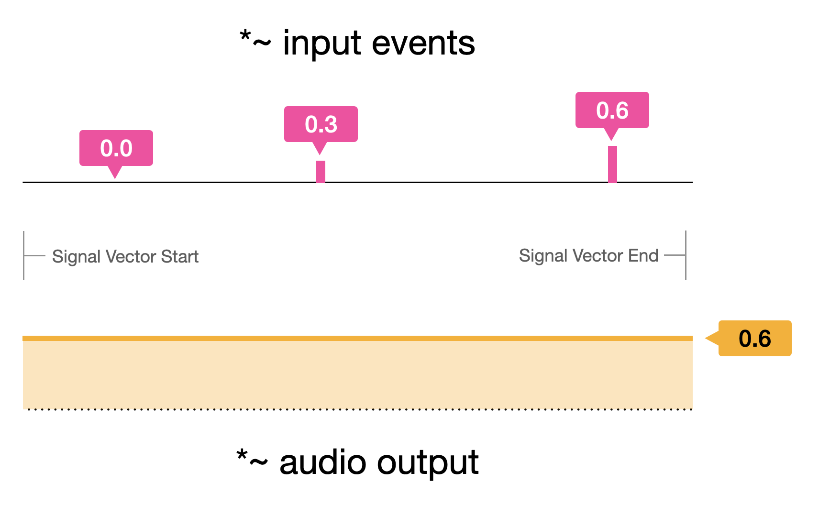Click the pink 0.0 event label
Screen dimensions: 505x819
click(116, 148)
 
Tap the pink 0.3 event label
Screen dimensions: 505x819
click(321, 124)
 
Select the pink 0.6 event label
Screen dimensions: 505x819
click(612, 110)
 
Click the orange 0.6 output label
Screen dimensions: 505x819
click(754, 339)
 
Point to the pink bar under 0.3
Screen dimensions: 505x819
click(321, 172)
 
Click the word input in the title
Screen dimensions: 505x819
click(321, 44)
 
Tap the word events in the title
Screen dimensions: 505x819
click(423, 44)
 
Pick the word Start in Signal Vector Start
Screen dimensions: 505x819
click(179, 257)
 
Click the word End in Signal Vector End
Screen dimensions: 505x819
click(643, 256)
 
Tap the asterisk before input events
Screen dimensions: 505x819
click(245, 36)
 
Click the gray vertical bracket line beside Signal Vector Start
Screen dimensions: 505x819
click(24, 255)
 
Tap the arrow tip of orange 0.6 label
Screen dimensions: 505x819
click(707, 339)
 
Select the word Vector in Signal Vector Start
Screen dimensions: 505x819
click(131, 257)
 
